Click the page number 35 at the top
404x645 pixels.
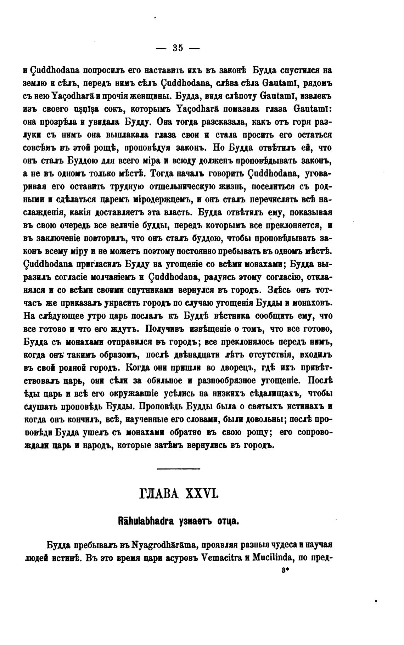click(178, 48)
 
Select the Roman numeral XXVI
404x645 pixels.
click(201, 494)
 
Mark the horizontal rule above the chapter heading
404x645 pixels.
click(178, 469)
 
